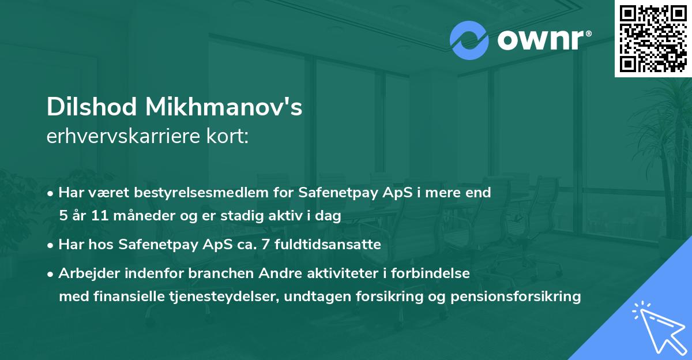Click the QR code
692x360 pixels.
tap(653, 39)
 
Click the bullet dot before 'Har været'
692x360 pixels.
tap(51, 193)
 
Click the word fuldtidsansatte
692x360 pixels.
tap(327, 245)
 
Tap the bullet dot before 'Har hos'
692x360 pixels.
tap(51, 245)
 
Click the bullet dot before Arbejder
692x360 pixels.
tap(51, 274)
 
